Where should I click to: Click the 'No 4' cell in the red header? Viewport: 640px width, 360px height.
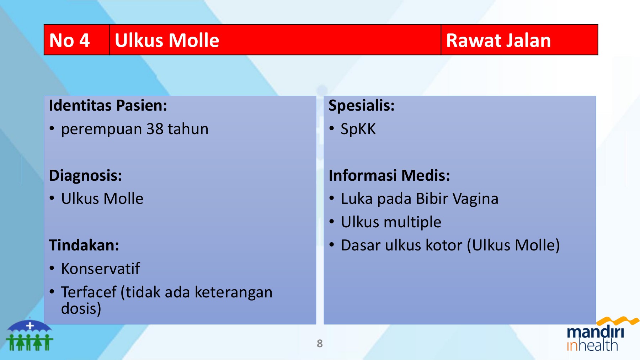click(70, 40)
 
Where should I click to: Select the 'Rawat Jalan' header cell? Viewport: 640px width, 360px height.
click(498, 40)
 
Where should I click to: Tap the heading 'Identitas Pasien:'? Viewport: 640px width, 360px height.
click(108, 106)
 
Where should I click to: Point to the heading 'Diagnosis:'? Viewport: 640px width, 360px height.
click(85, 175)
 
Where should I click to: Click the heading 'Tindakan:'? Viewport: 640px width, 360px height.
click(84, 245)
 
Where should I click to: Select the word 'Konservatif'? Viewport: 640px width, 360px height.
click(101, 269)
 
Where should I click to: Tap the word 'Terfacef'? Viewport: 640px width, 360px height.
click(89, 292)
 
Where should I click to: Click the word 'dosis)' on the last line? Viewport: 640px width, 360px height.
click(81, 308)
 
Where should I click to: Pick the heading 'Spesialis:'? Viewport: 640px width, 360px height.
click(361, 106)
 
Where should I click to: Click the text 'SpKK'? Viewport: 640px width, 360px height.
click(358, 129)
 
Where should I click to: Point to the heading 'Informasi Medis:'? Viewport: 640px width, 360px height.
click(389, 175)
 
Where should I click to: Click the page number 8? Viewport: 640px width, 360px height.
click(320, 343)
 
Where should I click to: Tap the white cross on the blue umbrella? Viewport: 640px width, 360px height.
click(30, 325)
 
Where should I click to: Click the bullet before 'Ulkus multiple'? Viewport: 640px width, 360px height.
click(332, 222)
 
